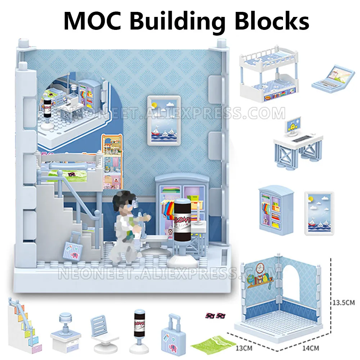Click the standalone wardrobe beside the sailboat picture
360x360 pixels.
pyautogui.click(x=276, y=210)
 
